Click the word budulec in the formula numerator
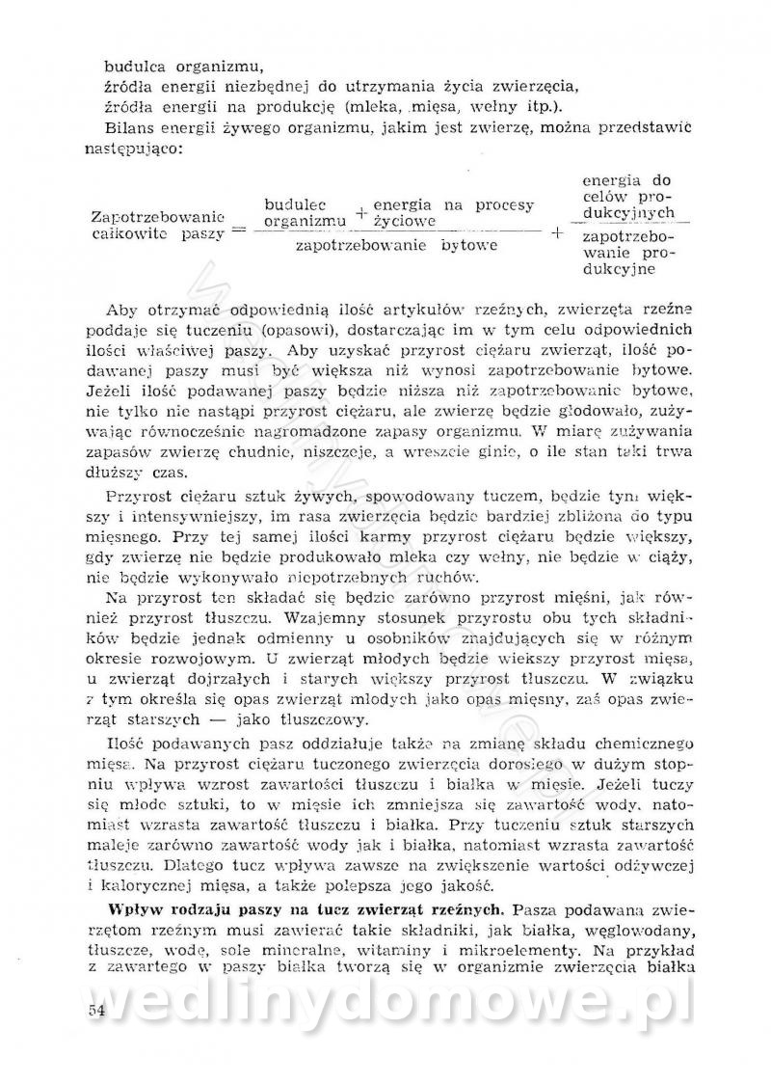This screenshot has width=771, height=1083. point(295,205)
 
